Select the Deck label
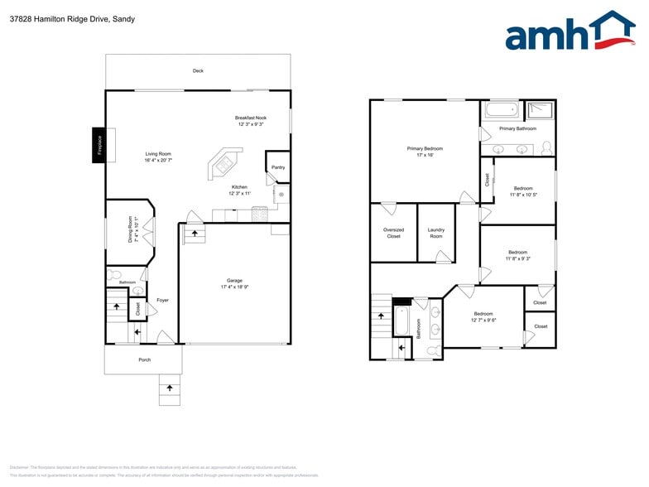click(198, 71)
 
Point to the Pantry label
click(278, 167)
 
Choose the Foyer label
click(162, 300)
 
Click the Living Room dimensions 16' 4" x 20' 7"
click(158, 160)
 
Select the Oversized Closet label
click(393, 233)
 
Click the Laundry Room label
click(435, 233)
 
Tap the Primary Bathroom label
click(517, 128)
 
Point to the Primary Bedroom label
click(425, 148)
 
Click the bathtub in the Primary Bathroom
click(502, 110)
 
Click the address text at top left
click(72, 19)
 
